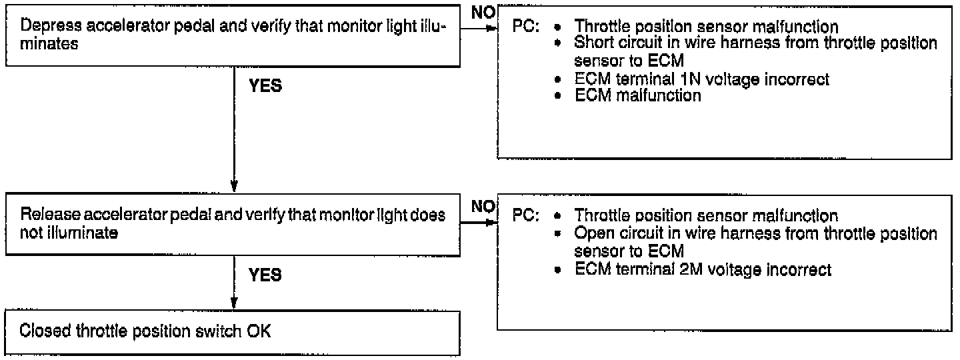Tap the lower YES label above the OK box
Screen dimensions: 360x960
pos(265,275)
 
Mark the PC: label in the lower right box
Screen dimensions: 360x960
pos(525,217)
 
